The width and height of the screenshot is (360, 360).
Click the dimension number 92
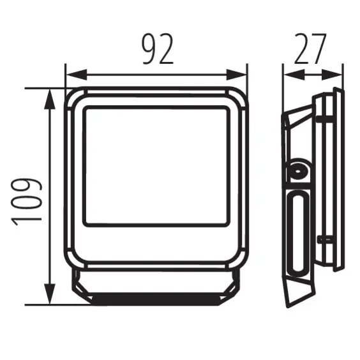coord(156,49)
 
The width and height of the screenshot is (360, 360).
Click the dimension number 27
coord(310,49)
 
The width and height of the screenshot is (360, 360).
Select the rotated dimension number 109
coord(27,200)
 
